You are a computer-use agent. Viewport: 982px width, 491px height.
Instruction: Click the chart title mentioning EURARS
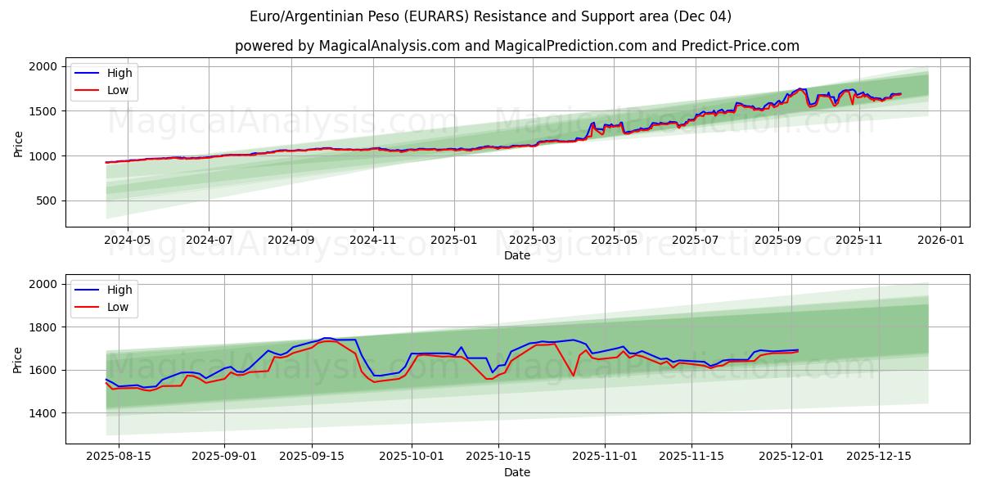[490, 16]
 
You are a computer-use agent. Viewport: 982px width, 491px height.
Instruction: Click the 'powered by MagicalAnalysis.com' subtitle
[516, 46]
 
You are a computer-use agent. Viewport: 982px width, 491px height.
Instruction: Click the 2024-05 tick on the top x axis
[128, 241]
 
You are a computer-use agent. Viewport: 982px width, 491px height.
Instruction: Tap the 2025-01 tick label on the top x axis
[453, 241]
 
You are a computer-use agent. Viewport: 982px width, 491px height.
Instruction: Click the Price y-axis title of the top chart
[18, 142]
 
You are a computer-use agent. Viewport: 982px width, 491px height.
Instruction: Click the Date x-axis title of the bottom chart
[516, 472]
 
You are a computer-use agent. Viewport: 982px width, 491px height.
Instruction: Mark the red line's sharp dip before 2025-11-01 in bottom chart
[573, 376]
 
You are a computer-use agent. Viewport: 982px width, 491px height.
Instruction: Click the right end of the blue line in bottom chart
[798, 349]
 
